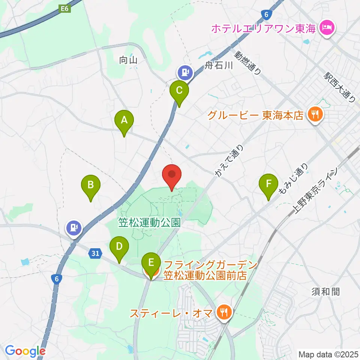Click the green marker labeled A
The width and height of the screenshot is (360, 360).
point(124,121)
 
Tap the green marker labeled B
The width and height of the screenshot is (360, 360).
point(90,185)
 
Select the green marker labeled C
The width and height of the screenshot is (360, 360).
point(179,90)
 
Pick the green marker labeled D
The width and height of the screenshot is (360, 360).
point(119,247)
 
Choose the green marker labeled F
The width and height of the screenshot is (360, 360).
point(268,184)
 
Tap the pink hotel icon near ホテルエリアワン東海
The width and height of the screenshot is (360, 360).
point(327,28)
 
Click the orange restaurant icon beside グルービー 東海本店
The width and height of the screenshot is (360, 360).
point(314,114)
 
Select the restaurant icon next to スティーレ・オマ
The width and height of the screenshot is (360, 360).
point(224,312)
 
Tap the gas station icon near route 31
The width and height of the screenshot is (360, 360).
point(74,227)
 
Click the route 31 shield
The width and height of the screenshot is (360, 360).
point(96,253)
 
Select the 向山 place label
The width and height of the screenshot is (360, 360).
point(128,60)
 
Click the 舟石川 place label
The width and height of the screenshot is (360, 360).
point(219,66)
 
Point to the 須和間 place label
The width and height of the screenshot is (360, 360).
point(325,291)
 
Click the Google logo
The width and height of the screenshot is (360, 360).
point(25,351)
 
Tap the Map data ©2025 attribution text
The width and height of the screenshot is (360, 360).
point(328,354)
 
